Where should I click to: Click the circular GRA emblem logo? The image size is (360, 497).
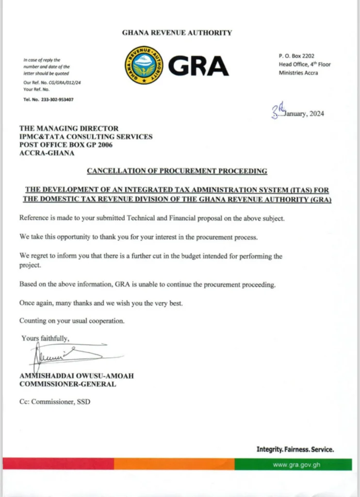click(144, 65)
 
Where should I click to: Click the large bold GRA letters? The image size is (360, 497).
click(198, 66)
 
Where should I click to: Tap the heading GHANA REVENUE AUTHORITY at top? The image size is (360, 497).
click(177, 33)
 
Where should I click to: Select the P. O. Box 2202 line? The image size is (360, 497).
click(296, 56)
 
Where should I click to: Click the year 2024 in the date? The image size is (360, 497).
click(315, 114)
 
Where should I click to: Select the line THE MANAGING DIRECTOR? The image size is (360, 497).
click(69, 129)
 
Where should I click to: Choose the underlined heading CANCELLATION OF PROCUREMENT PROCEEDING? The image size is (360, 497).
click(177, 171)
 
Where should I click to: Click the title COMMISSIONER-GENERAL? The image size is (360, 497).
click(67, 384)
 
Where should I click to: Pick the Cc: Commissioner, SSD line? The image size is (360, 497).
click(55, 402)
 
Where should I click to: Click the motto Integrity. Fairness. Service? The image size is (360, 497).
click(295, 449)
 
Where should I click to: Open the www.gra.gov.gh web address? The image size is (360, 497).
click(296, 464)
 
